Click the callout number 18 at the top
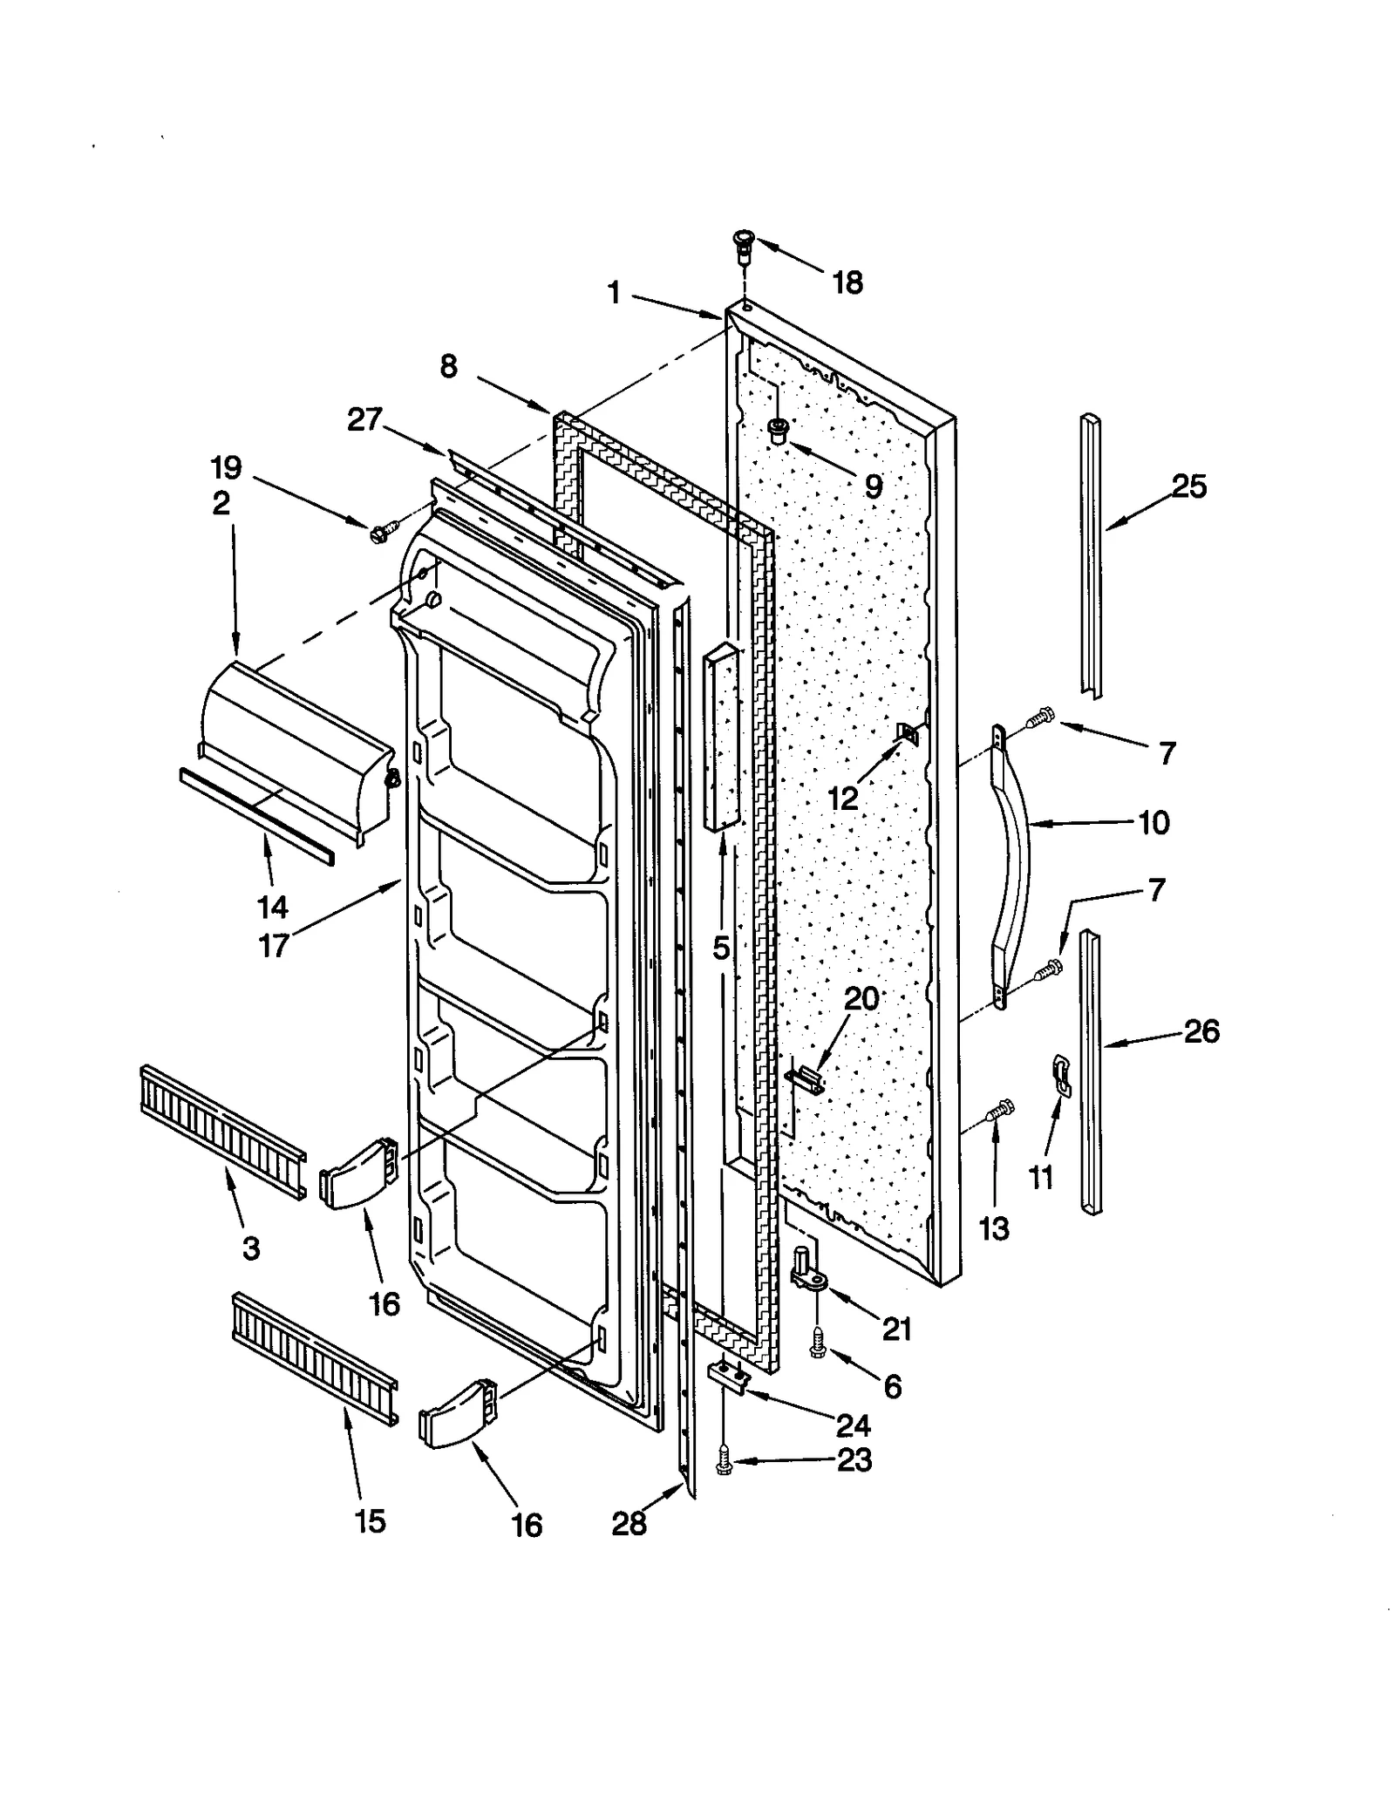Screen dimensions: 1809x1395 coord(847,282)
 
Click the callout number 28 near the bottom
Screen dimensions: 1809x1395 coord(629,1523)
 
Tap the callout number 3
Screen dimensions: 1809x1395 coord(251,1248)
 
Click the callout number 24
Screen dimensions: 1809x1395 coord(853,1425)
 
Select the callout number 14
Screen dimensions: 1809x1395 coord(272,907)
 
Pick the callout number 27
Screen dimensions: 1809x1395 coord(364,419)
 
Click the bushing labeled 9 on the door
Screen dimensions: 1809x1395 coord(777,430)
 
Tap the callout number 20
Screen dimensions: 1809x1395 coord(861,998)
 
